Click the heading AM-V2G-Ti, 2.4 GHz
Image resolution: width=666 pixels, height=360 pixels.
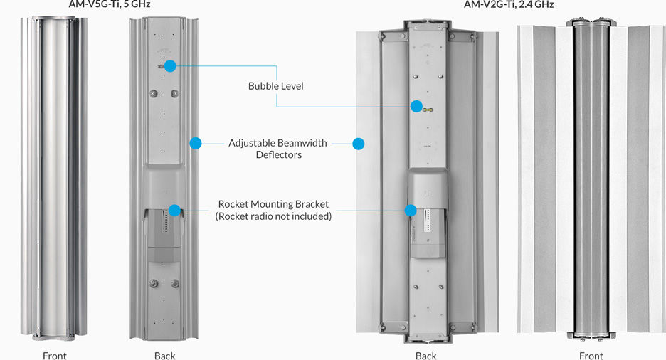point(509,4)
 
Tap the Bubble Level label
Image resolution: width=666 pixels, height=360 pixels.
point(275,86)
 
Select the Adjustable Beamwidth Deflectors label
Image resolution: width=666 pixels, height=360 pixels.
point(277,149)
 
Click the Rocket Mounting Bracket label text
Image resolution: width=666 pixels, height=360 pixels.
point(273,203)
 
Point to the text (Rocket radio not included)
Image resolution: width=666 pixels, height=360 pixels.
point(273,216)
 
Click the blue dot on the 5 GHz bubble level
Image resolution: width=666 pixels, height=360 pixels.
point(170,65)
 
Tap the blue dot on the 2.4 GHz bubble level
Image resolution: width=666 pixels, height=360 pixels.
point(416,107)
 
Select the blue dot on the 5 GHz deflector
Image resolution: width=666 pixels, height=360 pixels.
point(196,143)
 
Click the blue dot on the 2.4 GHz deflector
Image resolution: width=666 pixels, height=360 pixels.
point(359,143)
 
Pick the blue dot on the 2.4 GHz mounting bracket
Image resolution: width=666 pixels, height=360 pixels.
point(411,210)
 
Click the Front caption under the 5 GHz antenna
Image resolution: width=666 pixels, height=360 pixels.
point(55,355)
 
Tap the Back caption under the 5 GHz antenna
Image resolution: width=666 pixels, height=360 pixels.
point(164,355)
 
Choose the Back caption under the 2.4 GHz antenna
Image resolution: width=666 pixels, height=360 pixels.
point(425,355)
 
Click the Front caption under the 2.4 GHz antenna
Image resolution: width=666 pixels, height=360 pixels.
point(591,355)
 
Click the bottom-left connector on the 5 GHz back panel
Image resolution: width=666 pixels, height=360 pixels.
point(153,282)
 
